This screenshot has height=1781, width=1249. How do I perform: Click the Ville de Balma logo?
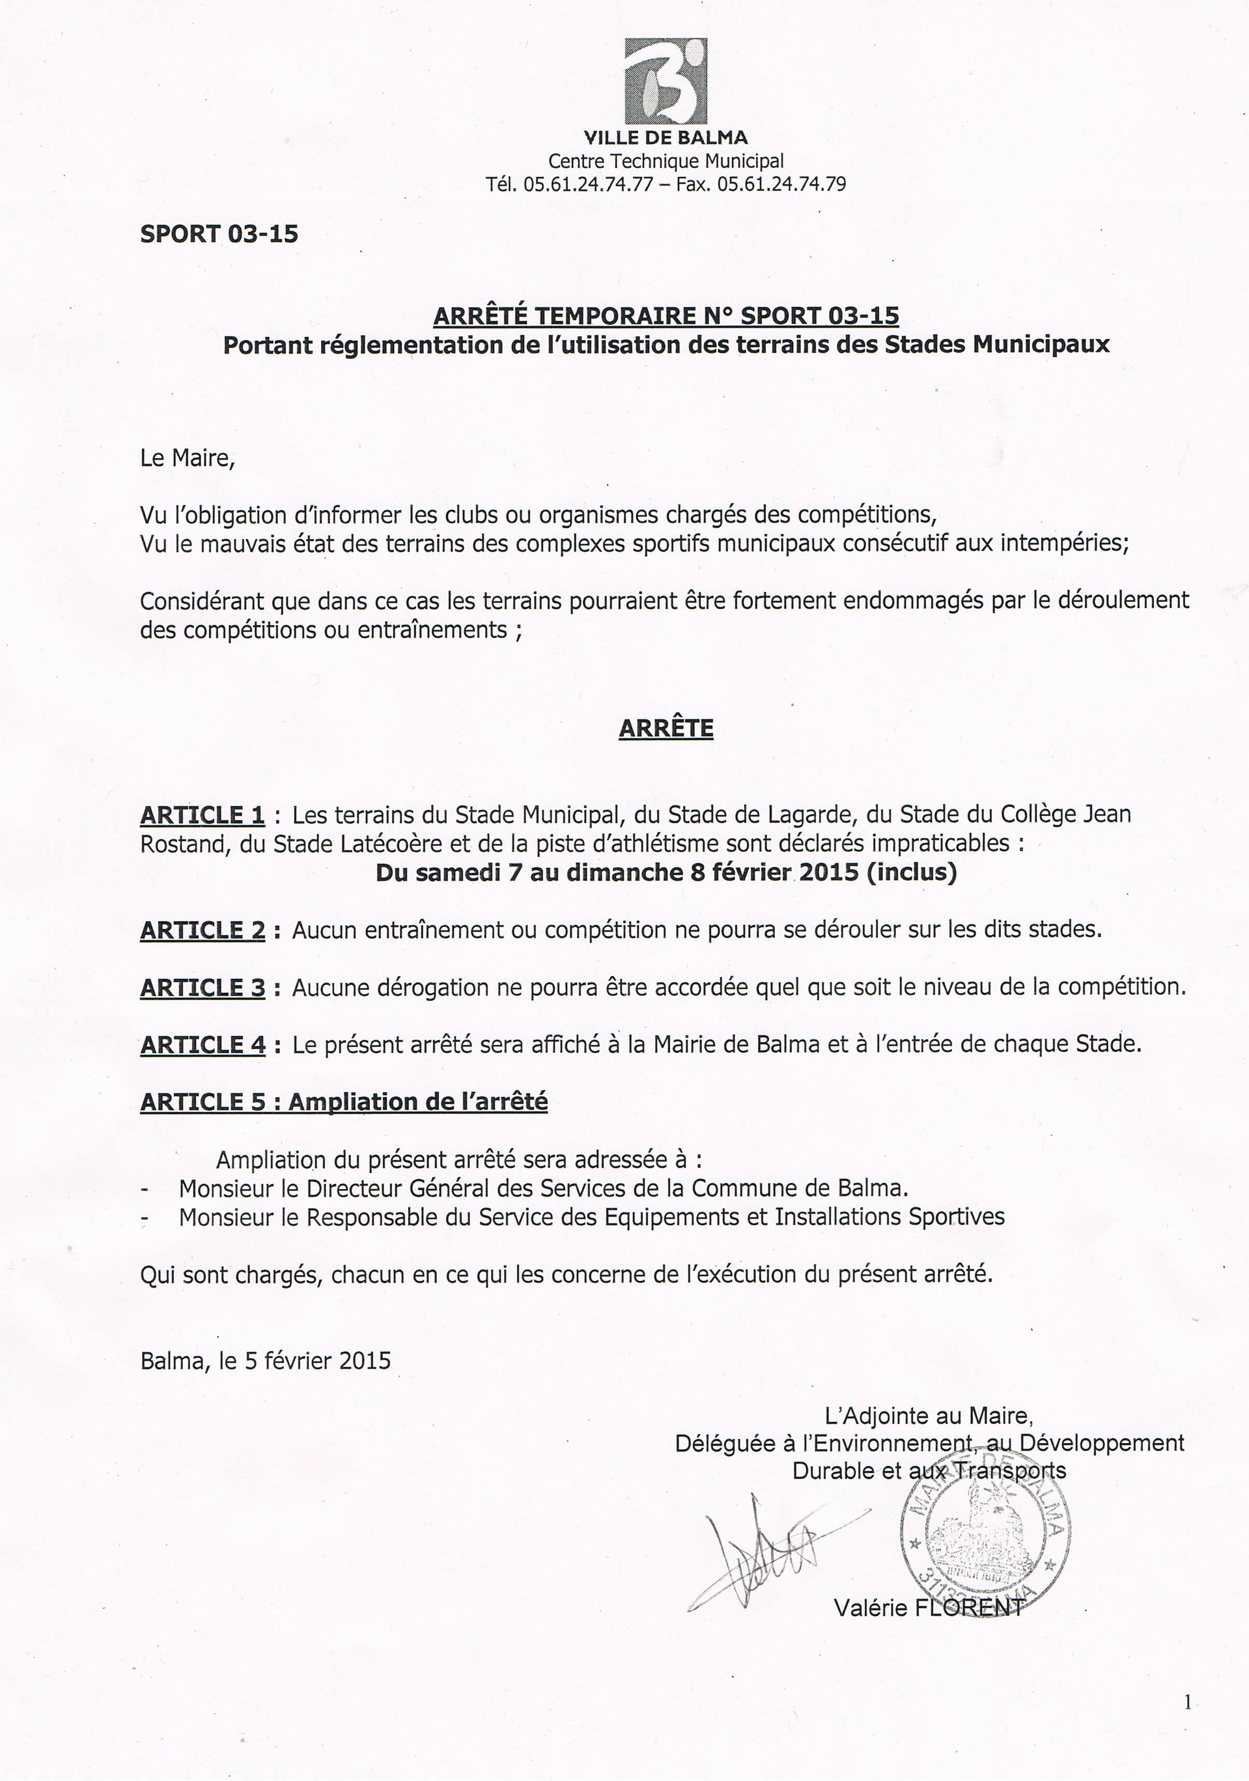click(666, 81)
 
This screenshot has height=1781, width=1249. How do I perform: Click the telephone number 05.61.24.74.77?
click(588, 185)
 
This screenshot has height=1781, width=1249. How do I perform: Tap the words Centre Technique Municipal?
click(666, 161)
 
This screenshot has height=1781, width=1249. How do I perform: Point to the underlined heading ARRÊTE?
click(666, 728)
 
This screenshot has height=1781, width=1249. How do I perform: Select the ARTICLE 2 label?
click(203, 930)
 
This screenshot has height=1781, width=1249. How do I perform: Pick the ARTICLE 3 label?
click(203, 987)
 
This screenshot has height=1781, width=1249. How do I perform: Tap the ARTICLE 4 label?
click(203, 1045)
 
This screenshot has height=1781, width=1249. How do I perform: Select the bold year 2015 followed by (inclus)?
click(829, 873)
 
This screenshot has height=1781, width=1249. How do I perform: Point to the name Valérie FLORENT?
click(929, 1607)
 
